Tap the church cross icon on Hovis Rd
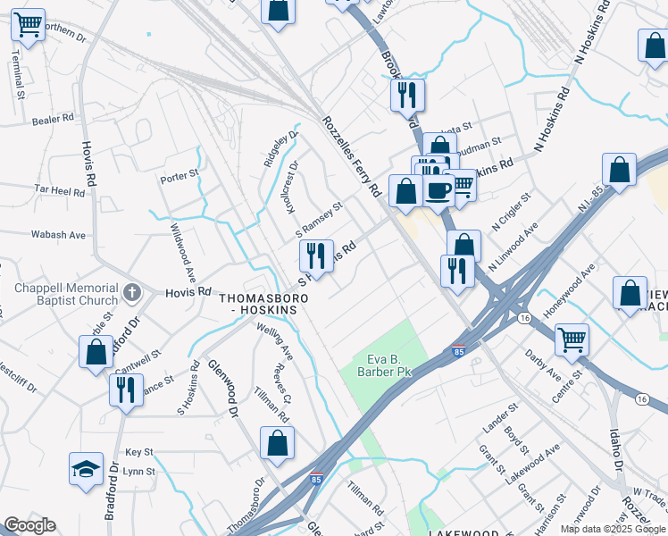pos(132,291)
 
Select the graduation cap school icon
pos(85,470)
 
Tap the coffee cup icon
pos(438,190)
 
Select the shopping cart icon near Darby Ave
pos(572,339)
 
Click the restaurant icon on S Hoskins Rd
pos(315,256)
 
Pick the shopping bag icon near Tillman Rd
pos(278,441)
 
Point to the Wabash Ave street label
pos(60,235)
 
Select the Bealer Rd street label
pos(53,119)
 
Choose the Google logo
pos(29,525)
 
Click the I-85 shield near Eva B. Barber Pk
pos(458,351)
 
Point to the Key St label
pos(139,453)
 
